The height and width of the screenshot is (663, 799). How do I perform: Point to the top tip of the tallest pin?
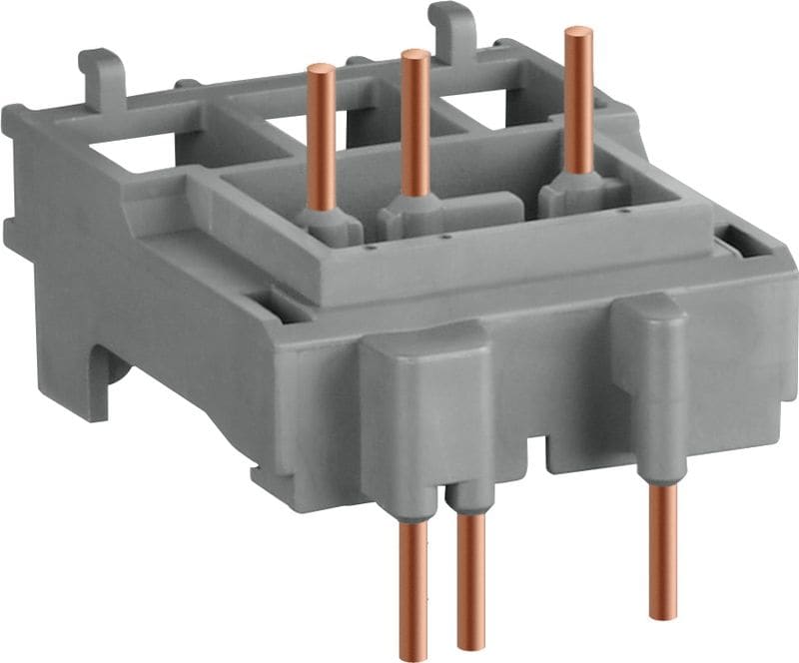577,32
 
